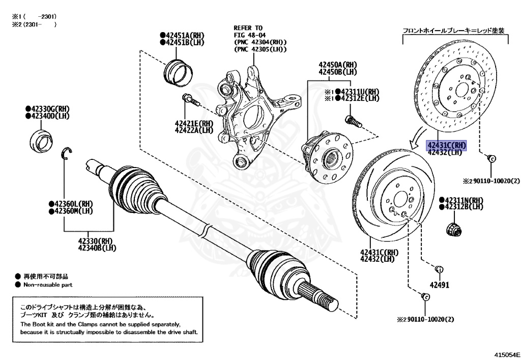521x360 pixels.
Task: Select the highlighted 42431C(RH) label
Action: (x=446, y=144)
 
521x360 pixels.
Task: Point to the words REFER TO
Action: (x=248, y=27)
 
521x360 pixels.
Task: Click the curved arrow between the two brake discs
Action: (x=416, y=137)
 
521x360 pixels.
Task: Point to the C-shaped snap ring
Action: (x=68, y=153)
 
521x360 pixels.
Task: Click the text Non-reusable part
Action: (x=47, y=285)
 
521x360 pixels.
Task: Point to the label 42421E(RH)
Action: (x=194, y=123)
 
